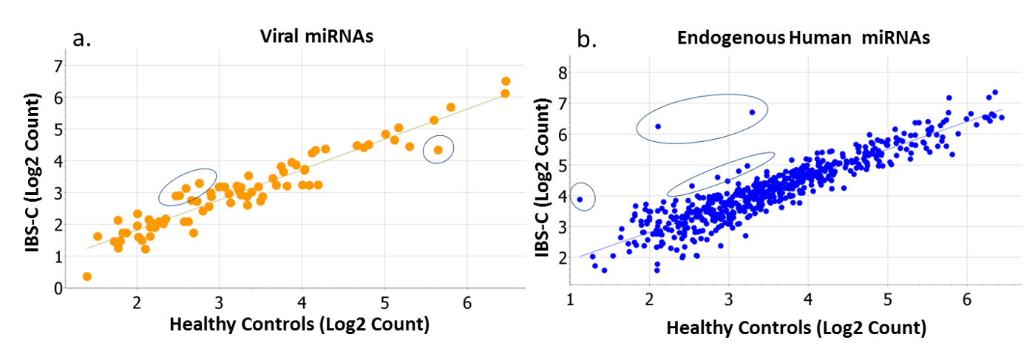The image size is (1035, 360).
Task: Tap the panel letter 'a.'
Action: tap(82, 38)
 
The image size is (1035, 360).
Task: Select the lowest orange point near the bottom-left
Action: tap(87, 276)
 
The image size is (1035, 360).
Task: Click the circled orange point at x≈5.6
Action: tap(438, 150)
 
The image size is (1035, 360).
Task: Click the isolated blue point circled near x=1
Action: tap(580, 199)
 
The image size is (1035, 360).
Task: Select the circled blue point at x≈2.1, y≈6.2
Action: tap(658, 126)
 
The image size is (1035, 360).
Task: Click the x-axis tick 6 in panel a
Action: tap(466, 303)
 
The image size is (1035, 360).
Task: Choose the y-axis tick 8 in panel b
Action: tap(563, 72)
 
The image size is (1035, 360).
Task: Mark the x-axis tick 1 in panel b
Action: tap(570, 301)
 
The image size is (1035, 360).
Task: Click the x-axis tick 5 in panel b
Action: tap(887, 301)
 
